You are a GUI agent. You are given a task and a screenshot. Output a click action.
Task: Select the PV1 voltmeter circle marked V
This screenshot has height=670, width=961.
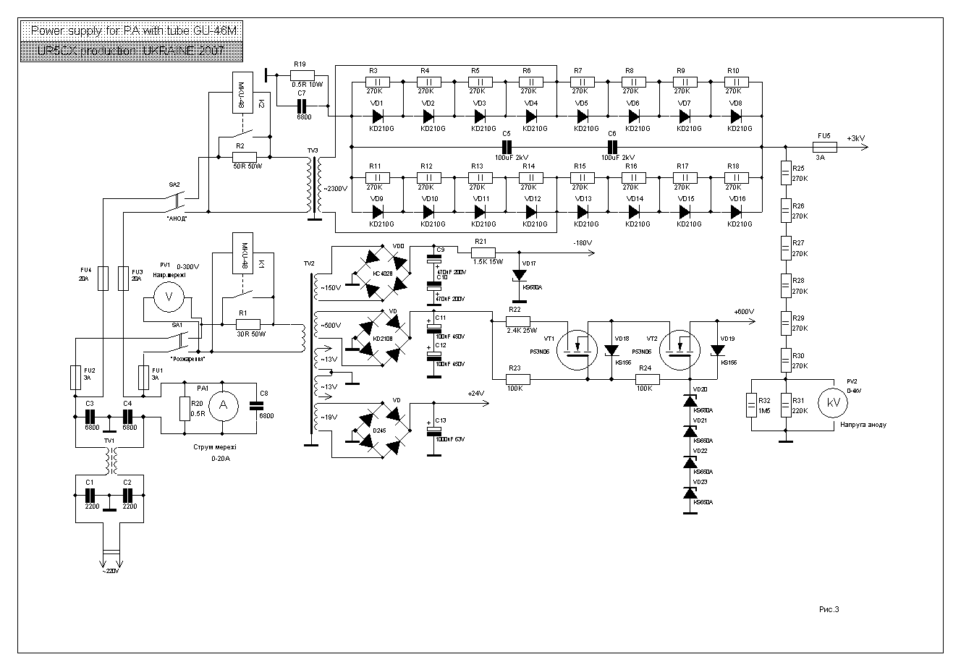tap(169, 297)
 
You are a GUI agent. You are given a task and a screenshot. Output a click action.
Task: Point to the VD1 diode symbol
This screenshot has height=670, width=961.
tap(377, 116)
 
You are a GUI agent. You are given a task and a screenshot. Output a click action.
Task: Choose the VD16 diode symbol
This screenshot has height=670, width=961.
tap(735, 211)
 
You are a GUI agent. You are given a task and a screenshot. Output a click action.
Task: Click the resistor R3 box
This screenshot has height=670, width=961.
tap(376, 82)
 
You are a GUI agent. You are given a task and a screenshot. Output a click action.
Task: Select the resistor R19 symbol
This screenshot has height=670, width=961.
tap(302, 75)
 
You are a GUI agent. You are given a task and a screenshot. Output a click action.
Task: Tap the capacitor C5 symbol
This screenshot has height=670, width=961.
tap(507, 147)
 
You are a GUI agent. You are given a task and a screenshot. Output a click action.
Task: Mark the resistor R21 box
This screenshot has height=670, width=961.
tap(481, 253)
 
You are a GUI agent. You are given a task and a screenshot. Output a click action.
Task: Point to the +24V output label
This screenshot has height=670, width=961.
tap(475, 394)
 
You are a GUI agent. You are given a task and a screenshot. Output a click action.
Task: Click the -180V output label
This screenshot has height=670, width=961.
tap(581, 242)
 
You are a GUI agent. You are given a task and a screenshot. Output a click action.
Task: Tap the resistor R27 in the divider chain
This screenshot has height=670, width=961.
tap(786, 248)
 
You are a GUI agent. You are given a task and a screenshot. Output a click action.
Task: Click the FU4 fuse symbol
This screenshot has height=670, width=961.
tap(103, 277)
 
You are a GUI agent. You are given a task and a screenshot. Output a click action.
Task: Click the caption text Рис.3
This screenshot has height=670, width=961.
tap(829, 609)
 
